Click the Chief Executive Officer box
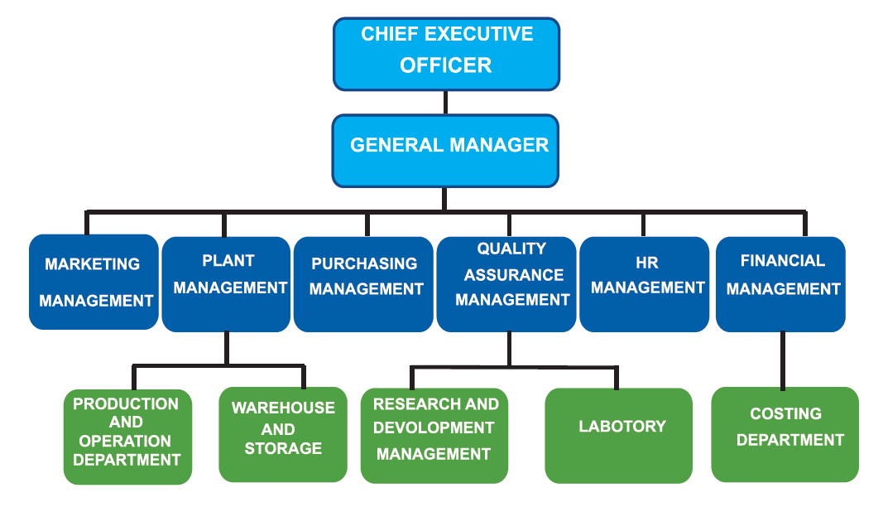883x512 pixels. coord(446,54)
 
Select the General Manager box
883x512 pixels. coord(445,150)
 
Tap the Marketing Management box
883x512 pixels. coord(94,282)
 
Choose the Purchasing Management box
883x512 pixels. coord(363,284)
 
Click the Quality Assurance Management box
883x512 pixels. coord(506,284)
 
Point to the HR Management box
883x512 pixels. coord(644,284)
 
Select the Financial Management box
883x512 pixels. coord(780,284)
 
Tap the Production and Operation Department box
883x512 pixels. coord(127,437)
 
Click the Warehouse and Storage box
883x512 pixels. coord(283,434)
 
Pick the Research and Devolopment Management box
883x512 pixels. coord(434,435)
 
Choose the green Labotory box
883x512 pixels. coord(618,435)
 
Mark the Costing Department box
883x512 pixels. coord(785,434)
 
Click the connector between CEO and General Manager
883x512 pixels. coord(446,102)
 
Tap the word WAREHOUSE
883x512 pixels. coord(283,408)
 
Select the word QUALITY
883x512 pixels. coord(511,249)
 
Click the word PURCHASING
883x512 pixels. coord(364,263)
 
